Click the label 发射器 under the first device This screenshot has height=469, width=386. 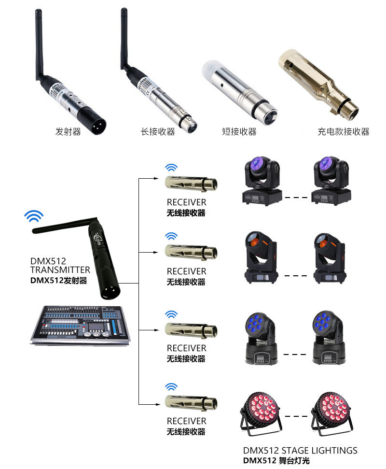[68, 131]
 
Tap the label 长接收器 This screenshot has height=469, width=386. [157, 131]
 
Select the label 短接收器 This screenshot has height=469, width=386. [239, 131]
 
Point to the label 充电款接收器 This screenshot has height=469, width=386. [343, 131]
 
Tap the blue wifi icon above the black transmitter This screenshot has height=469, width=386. [34, 216]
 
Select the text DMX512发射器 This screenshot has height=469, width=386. [58, 280]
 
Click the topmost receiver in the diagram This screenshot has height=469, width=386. [191, 183]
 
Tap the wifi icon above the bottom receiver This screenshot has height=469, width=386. [171, 387]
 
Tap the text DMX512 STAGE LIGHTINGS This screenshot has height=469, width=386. [300, 451]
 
